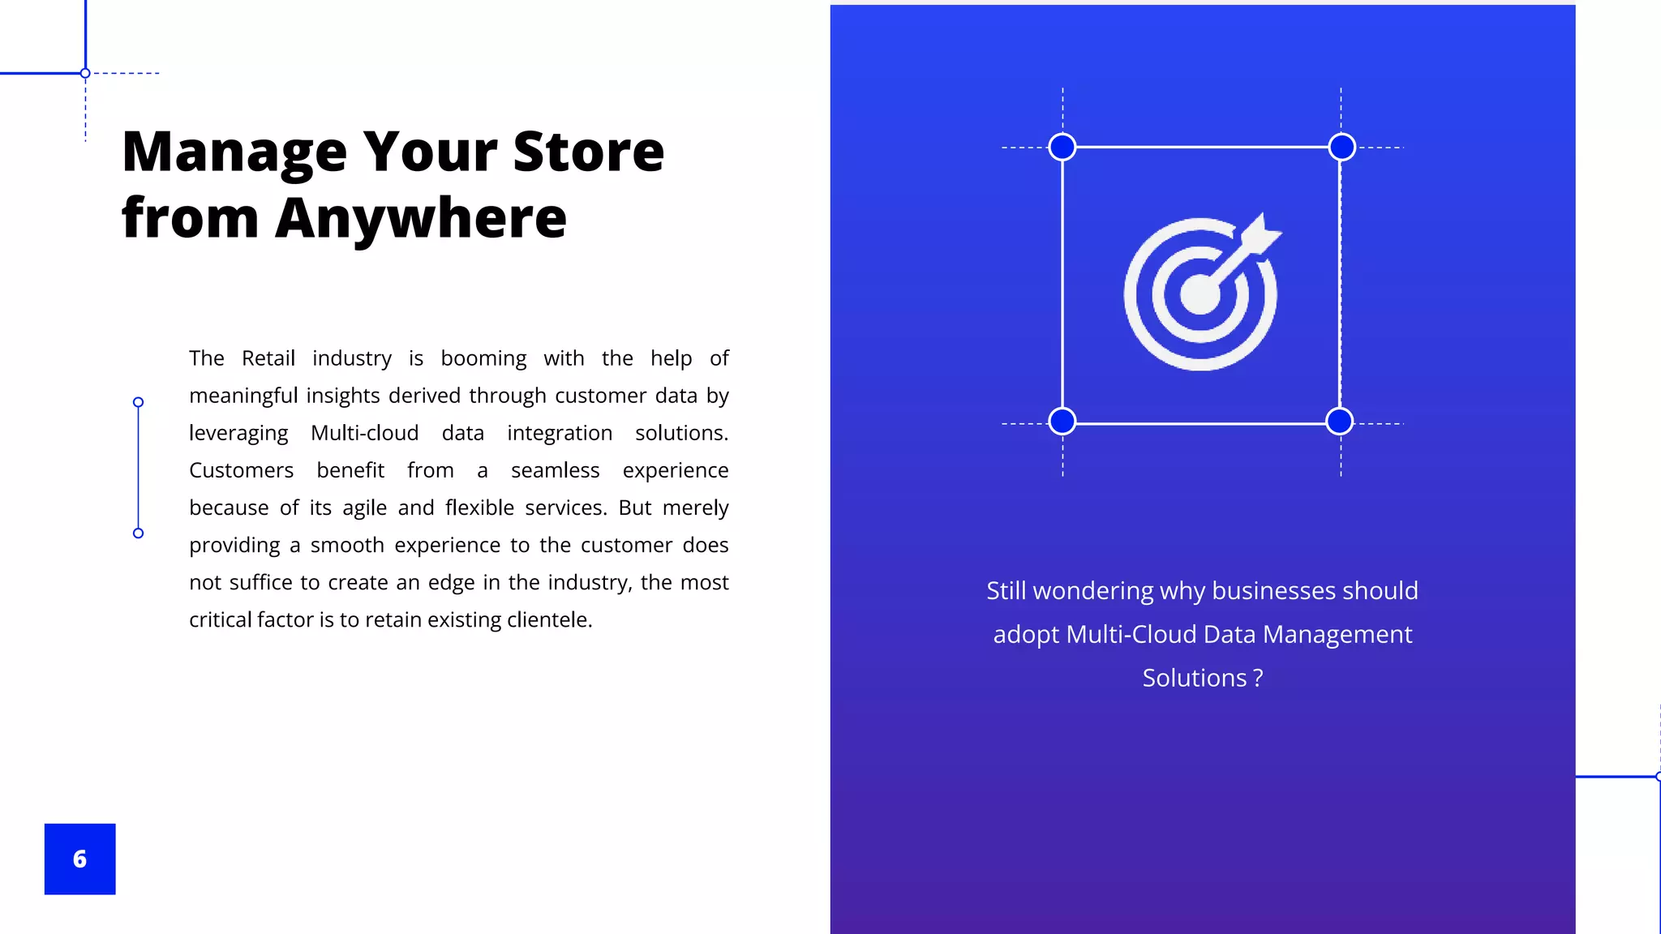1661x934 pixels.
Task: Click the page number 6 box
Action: click(79, 859)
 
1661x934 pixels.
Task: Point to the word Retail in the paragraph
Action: click(268, 358)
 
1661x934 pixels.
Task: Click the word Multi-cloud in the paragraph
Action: click(364, 433)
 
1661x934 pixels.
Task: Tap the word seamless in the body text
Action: click(555, 470)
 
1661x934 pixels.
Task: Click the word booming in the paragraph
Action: click(483, 358)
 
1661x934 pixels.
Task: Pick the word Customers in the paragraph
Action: click(241, 470)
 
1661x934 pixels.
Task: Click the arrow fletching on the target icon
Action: click(1258, 234)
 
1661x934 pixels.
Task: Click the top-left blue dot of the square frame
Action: click(1062, 148)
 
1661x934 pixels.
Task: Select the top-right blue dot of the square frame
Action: click(1342, 148)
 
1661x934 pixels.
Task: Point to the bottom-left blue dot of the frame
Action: click(1062, 422)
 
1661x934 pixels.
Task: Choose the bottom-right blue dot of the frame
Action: click(1339, 422)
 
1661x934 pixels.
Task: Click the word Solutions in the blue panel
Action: click(1194, 678)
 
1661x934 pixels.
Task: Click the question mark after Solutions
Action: click(1258, 678)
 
